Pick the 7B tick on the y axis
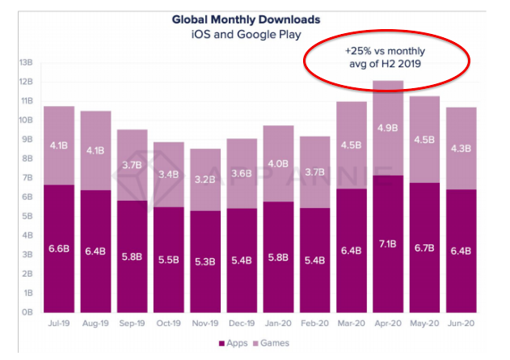click(x=26, y=178)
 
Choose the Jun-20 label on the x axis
click(x=461, y=324)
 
